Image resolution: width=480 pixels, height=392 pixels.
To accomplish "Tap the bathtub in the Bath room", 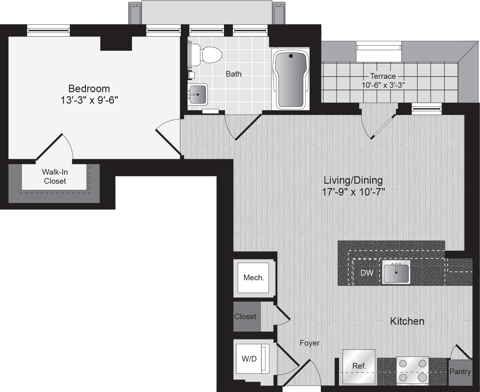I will (x=290, y=79).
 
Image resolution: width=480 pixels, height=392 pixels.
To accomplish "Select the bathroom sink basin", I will (x=197, y=94).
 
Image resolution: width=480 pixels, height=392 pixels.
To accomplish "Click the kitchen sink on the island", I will (x=396, y=272).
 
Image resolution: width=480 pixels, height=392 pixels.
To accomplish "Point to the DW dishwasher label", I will (x=367, y=273).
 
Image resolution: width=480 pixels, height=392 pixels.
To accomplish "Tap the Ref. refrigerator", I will (x=359, y=366).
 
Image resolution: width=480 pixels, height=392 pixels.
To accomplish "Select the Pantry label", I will (x=460, y=372).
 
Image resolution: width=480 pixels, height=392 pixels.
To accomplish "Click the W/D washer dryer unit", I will (x=249, y=359).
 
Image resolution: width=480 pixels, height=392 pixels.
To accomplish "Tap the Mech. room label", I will (x=254, y=278).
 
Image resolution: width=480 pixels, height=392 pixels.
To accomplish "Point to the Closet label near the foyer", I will (x=245, y=317).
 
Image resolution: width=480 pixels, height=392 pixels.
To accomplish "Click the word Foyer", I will (x=310, y=343).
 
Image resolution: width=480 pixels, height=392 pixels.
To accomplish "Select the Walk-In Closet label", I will (x=55, y=177).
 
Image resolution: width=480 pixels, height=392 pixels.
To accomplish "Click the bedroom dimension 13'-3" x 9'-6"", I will (x=89, y=101).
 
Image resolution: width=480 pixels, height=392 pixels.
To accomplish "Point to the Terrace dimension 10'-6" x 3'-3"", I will (x=383, y=85).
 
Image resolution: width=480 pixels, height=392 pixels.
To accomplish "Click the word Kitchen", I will (x=407, y=321).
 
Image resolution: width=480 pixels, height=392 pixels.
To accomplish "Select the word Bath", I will (x=234, y=74).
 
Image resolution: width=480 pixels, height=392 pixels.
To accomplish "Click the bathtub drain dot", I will (x=291, y=56).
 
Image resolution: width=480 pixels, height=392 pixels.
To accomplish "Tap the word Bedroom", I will (x=89, y=89).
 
